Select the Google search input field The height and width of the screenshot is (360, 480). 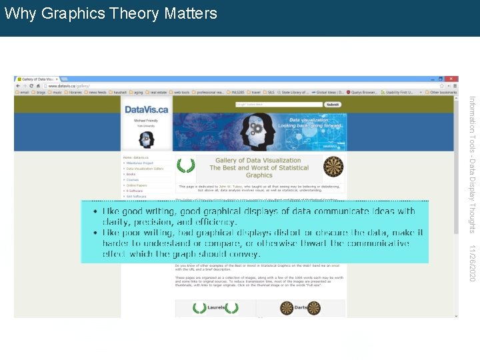[287, 105]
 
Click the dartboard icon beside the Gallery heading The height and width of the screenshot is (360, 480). [333, 167]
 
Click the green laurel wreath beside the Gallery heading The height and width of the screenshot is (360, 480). [186, 165]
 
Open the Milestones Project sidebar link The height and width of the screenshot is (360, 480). [141, 163]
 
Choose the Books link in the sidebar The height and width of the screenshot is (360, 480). [131, 174]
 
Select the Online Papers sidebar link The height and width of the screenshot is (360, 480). [137, 185]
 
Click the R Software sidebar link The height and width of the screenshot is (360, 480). [135, 191]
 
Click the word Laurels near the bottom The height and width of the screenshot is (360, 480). [215, 308]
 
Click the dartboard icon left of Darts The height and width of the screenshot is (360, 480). [287, 308]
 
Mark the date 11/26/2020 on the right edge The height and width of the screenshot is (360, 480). [472, 263]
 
